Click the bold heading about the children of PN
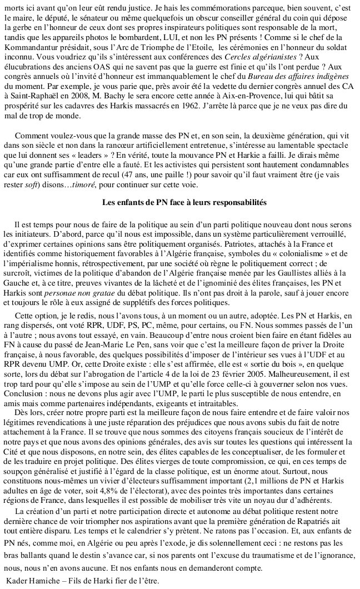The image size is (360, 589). [180, 202]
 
